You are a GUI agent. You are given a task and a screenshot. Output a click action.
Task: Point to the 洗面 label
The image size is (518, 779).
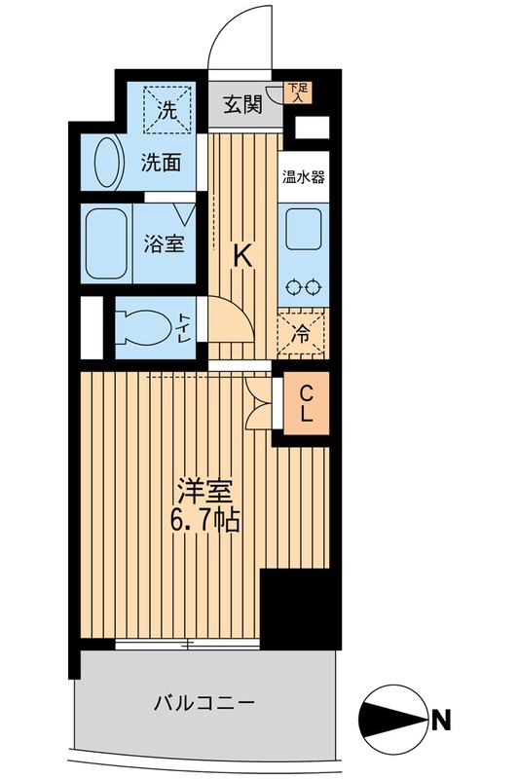161,163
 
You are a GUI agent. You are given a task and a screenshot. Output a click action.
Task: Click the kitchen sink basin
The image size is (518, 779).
305,235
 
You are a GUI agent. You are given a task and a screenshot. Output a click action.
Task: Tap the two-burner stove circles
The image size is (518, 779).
304,287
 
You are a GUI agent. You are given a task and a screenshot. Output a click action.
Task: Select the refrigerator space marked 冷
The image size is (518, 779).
303,334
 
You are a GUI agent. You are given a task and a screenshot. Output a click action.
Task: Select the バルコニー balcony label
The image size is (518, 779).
203,702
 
